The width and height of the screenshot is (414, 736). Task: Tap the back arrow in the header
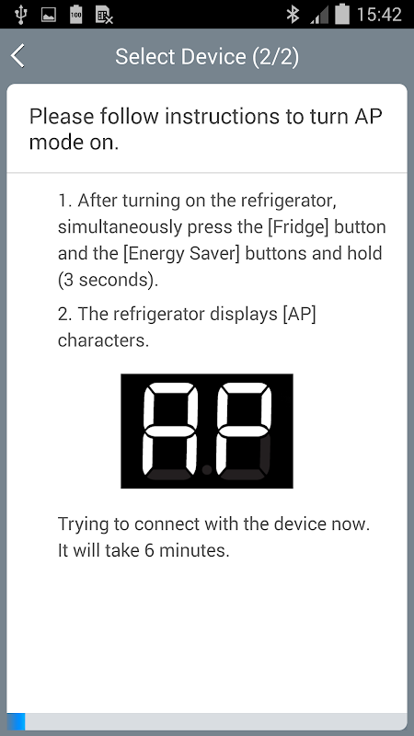(17, 56)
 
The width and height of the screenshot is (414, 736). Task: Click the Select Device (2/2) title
(207, 57)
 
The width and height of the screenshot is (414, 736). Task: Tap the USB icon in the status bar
(20, 15)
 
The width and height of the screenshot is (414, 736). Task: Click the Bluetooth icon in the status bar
(293, 15)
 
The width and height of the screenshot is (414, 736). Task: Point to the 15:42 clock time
(379, 15)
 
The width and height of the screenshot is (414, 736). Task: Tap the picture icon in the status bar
(49, 15)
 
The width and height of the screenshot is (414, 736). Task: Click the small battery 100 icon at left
(76, 15)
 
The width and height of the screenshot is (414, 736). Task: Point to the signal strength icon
(319, 15)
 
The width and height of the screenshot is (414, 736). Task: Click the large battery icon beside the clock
(342, 14)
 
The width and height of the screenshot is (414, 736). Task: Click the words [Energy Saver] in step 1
(181, 254)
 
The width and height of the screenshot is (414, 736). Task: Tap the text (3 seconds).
(108, 280)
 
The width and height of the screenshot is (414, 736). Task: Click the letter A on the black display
(171, 431)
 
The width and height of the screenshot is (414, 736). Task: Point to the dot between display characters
(206, 469)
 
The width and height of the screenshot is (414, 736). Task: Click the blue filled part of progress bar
(16, 721)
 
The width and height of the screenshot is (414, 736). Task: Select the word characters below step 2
(103, 340)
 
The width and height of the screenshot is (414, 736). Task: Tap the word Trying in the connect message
(84, 524)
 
